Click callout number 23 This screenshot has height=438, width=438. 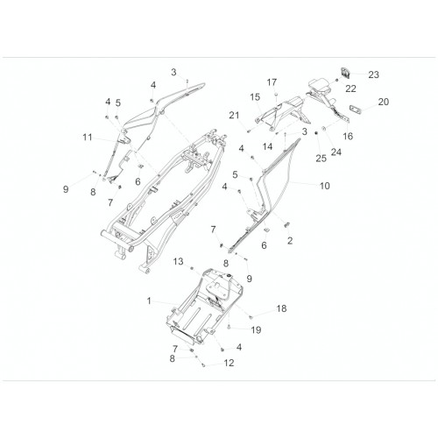[x=373, y=74]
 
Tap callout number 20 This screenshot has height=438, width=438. [x=384, y=102]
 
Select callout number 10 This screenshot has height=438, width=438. [x=325, y=186]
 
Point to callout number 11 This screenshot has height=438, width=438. [x=88, y=137]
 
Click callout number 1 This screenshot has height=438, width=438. [x=149, y=300]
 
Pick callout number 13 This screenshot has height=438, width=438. [x=178, y=261]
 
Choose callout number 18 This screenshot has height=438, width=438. [x=281, y=308]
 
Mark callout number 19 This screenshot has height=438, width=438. [x=256, y=330]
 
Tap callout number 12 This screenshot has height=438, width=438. [x=230, y=363]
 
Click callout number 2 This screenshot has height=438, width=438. [x=290, y=241]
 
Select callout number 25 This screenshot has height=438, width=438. [x=321, y=159]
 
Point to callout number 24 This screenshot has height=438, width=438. [x=336, y=152]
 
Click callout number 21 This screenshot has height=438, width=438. [x=234, y=116]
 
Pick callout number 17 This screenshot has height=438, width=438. [x=272, y=82]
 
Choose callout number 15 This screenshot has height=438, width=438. [x=255, y=97]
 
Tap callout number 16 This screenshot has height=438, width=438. [x=348, y=136]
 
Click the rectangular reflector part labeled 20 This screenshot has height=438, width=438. [x=356, y=109]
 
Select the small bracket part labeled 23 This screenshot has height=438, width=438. [x=345, y=73]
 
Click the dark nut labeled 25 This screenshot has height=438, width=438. [x=316, y=133]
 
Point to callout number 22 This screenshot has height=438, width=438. [x=350, y=88]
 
